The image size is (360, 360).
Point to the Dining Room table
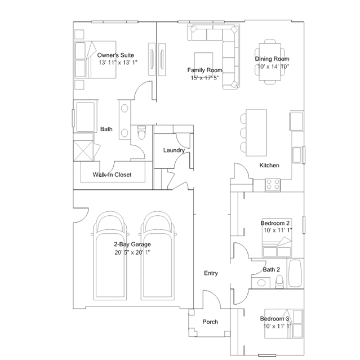coord(268,61)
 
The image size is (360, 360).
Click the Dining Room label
coord(272,59)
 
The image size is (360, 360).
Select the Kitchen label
coord(269,166)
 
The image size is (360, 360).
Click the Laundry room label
coord(174,150)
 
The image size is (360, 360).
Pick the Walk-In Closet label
coord(112,175)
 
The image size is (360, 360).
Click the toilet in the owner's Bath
coord(141,134)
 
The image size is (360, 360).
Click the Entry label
coord(211,273)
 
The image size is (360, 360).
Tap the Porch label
coord(210,322)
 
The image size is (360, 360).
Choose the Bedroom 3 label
coord(275,318)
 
